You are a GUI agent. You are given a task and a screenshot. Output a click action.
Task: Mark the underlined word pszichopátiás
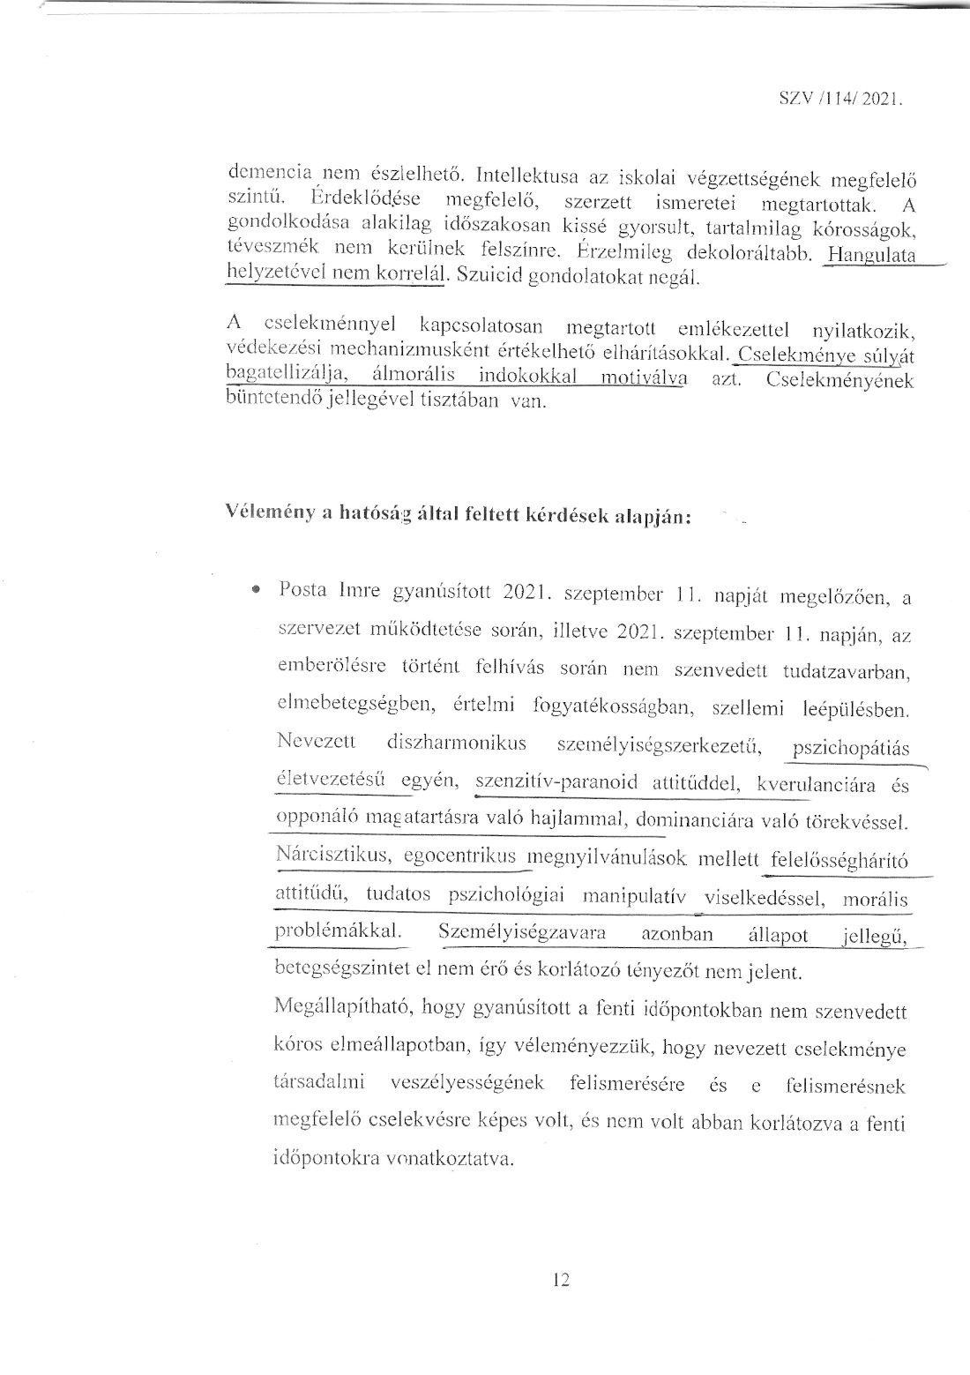[851, 749]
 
